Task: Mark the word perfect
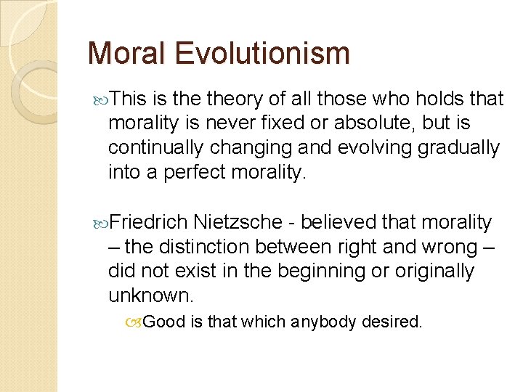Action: tap(198, 172)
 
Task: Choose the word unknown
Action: tap(150, 295)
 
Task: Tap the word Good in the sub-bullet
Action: tap(164, 322)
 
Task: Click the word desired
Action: tap(396, 322)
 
